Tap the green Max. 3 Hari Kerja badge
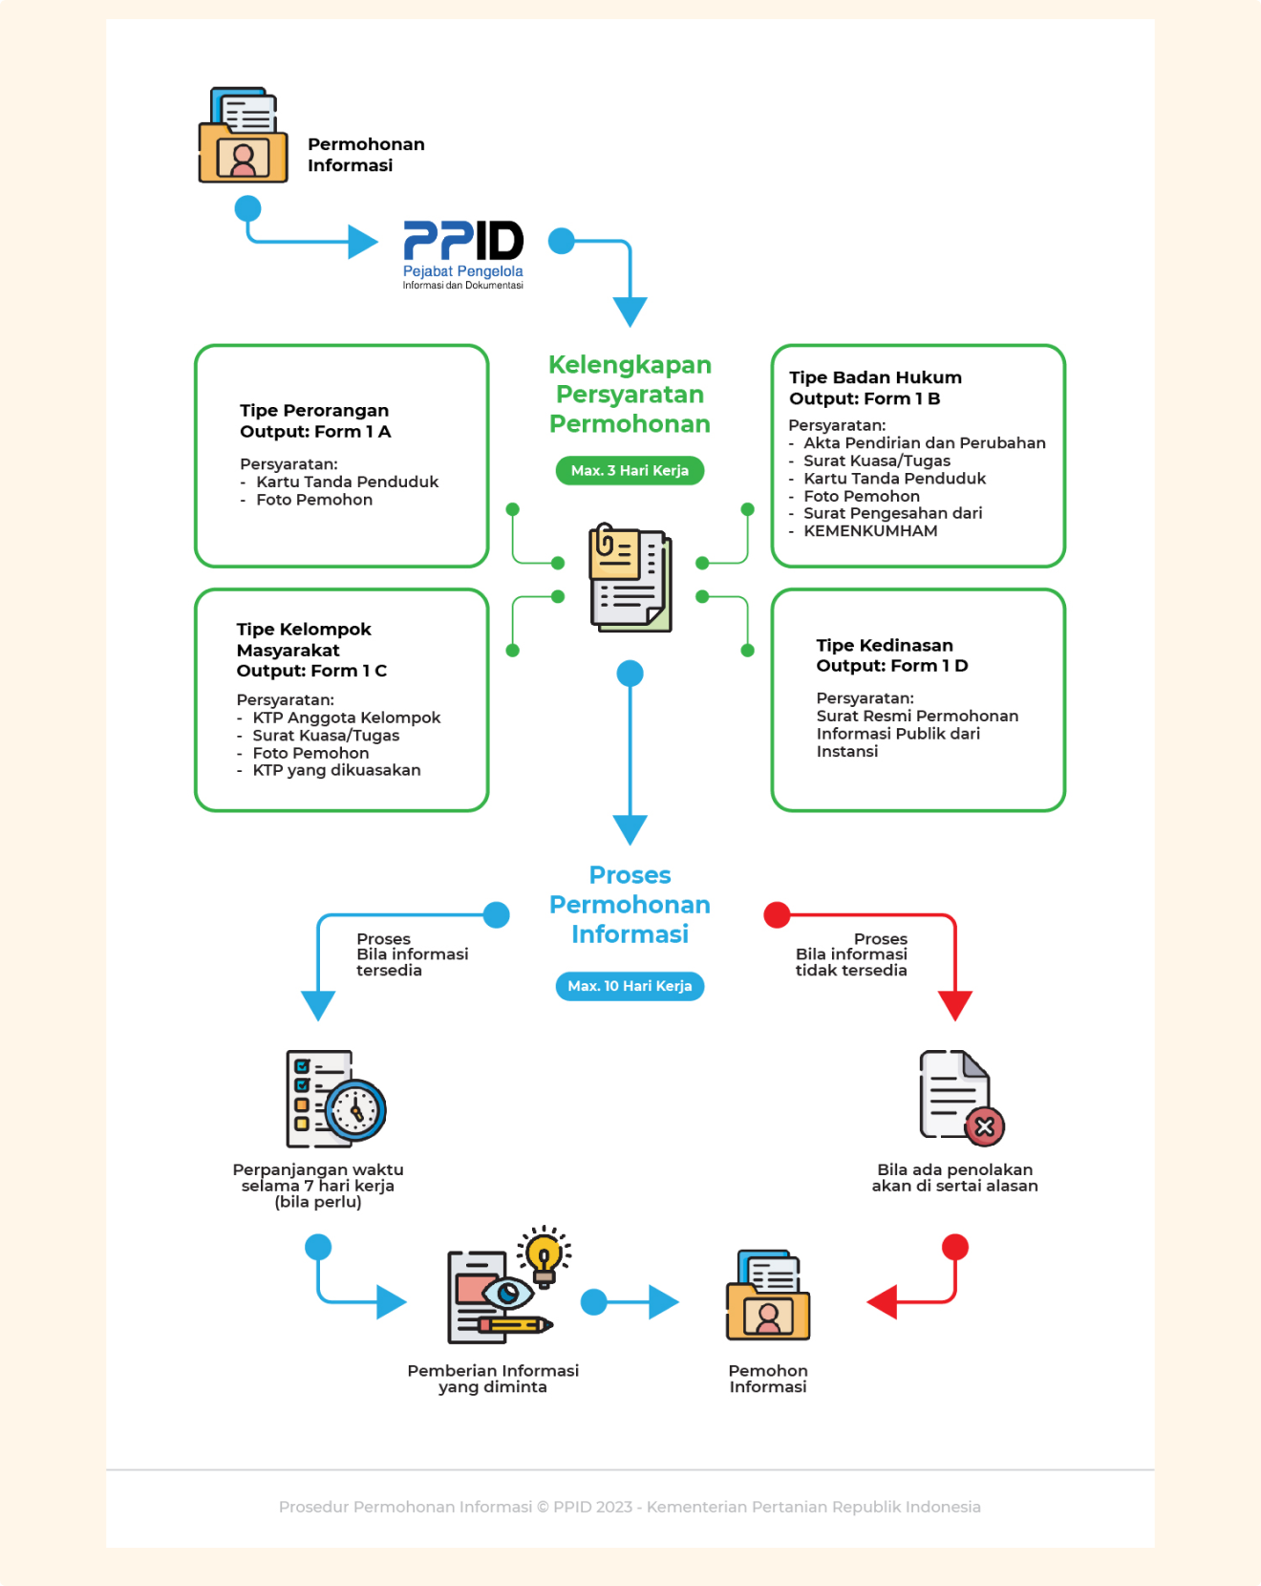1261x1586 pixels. pyautogui.click(x=630, y=470)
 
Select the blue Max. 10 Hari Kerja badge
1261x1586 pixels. pyautogui.click(x=630, y=986)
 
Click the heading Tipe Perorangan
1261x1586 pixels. pyautogui.click(x=314, y=410)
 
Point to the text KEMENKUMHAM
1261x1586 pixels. pyautogui.click(x=870, y=531)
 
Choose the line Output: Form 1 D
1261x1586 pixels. pyautogui.click(x=892, y=666)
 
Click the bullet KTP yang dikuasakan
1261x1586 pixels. pyautogui.click(x=336, y=770)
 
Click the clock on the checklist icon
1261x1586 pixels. pyautogui.click(x=356, y=1110)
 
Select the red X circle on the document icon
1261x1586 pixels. pyautogui.click(x=985, y=1127)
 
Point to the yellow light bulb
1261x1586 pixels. pyautogui.click(x=544, y=1253)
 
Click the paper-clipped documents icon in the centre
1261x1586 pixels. pyautogui.click(x=630, y=577)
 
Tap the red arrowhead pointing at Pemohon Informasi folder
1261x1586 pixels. pyautogui.click(x=883, y=1301)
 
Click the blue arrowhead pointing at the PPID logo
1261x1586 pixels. pyautogui.click(x=363, y=242)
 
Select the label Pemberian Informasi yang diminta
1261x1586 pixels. pyautogui.click(x=493, y=1379)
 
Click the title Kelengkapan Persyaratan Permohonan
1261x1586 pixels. pyautogui.click(x=630, y=394)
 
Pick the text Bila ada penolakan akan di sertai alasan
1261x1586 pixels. pyautogui.click(x=954, y=1178)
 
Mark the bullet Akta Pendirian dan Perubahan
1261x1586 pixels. pyautogui.click(x=924, y=443)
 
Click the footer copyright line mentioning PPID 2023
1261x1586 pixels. pyautogui.click(x=630, y=1507)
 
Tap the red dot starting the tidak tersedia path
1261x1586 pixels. pyautogui.click(x=778, y=915)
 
